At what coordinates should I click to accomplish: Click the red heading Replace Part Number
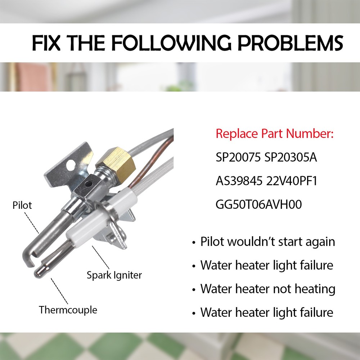pyautogui.click(x=275, y=134)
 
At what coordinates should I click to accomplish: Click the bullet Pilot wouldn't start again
pyautogui.click(x=267, y=242)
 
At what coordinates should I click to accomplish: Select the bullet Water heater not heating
pyautogui.click(x=267, y=289)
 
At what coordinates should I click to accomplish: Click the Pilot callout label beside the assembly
pyautogui.click(x=22, y=205)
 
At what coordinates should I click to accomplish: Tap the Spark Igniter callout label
pyautogui.click(x=114, y=275)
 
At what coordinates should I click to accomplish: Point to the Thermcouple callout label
pyautogui.click(x=68, y=310)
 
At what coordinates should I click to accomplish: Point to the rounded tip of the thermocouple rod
pyautogui.click(x=38, y=273)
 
